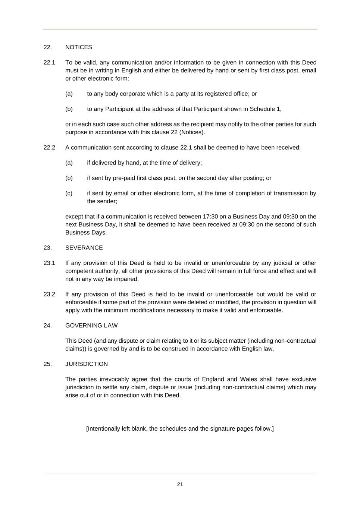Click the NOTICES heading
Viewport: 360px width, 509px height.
tap(78, 47)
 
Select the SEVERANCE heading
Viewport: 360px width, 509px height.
tap(84, 248)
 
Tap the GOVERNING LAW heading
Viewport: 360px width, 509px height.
tap(91, 326)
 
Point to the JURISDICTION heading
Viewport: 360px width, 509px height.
tap(87, 364)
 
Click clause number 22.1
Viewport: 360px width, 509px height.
tap(49, 63)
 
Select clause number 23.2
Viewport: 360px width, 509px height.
tap(49, 295)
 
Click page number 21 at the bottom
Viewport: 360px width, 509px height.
tap(180, 484)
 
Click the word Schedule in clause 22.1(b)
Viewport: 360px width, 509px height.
tap(262, 109)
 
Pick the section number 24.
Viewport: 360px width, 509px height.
tap(47, 326)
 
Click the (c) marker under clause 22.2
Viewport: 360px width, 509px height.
tap(69, 194)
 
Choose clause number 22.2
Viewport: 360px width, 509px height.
tap(49, 148)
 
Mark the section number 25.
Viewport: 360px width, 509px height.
tap(47, 364)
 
